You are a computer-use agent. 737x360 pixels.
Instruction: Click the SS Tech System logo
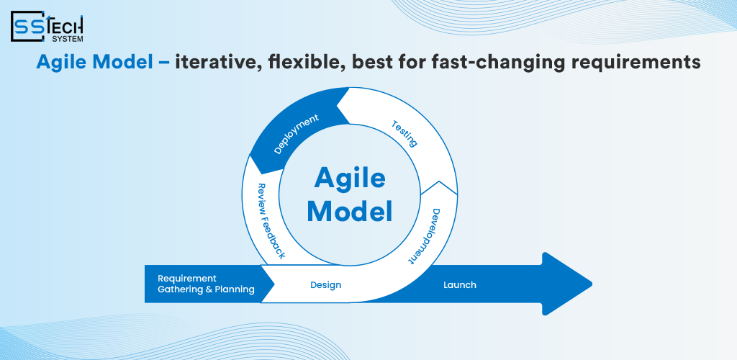tap(47, 27)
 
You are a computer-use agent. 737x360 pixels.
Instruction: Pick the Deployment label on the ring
tap(296, 135)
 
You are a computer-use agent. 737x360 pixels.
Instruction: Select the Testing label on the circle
tap(404, 133)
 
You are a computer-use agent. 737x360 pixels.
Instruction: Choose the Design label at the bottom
tap(325, 285)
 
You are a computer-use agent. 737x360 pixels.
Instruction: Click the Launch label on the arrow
tap(459, 285)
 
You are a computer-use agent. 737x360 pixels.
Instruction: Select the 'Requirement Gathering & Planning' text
tap(206, 284)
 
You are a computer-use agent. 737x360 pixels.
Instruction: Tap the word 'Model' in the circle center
tap(350, 212)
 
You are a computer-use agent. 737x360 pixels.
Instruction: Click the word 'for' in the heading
tap(412, 63)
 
